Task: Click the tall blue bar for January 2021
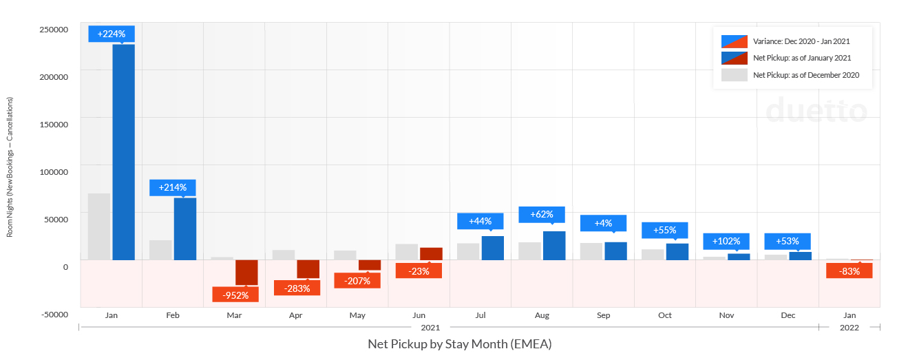(x=123, y=152)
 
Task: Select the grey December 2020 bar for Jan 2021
(x=99, y=226)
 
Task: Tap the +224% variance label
(x=112, y=34)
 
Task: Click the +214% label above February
(x=173, y=187)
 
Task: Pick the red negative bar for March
(x=246, y=272)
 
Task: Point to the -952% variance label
(x=235, y=294)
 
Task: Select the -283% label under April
(x=297, y=288)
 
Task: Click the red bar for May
(x=370, y=265)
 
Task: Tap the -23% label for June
(x=419, y=271)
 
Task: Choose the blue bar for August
(x=554, y=246)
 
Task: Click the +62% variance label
(x=542, y=214)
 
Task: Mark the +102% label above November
(x=726, y=241)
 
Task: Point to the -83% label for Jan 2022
(x=849, y=271)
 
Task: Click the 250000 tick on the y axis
(x=53, y=30)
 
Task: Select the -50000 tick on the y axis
(x=53, y=315)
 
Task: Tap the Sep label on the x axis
(x=603, y=315)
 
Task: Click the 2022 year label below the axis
(x=849, y=328)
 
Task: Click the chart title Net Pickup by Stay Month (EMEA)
(x=459, y=343)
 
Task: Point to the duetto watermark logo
(x=816, y=111)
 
